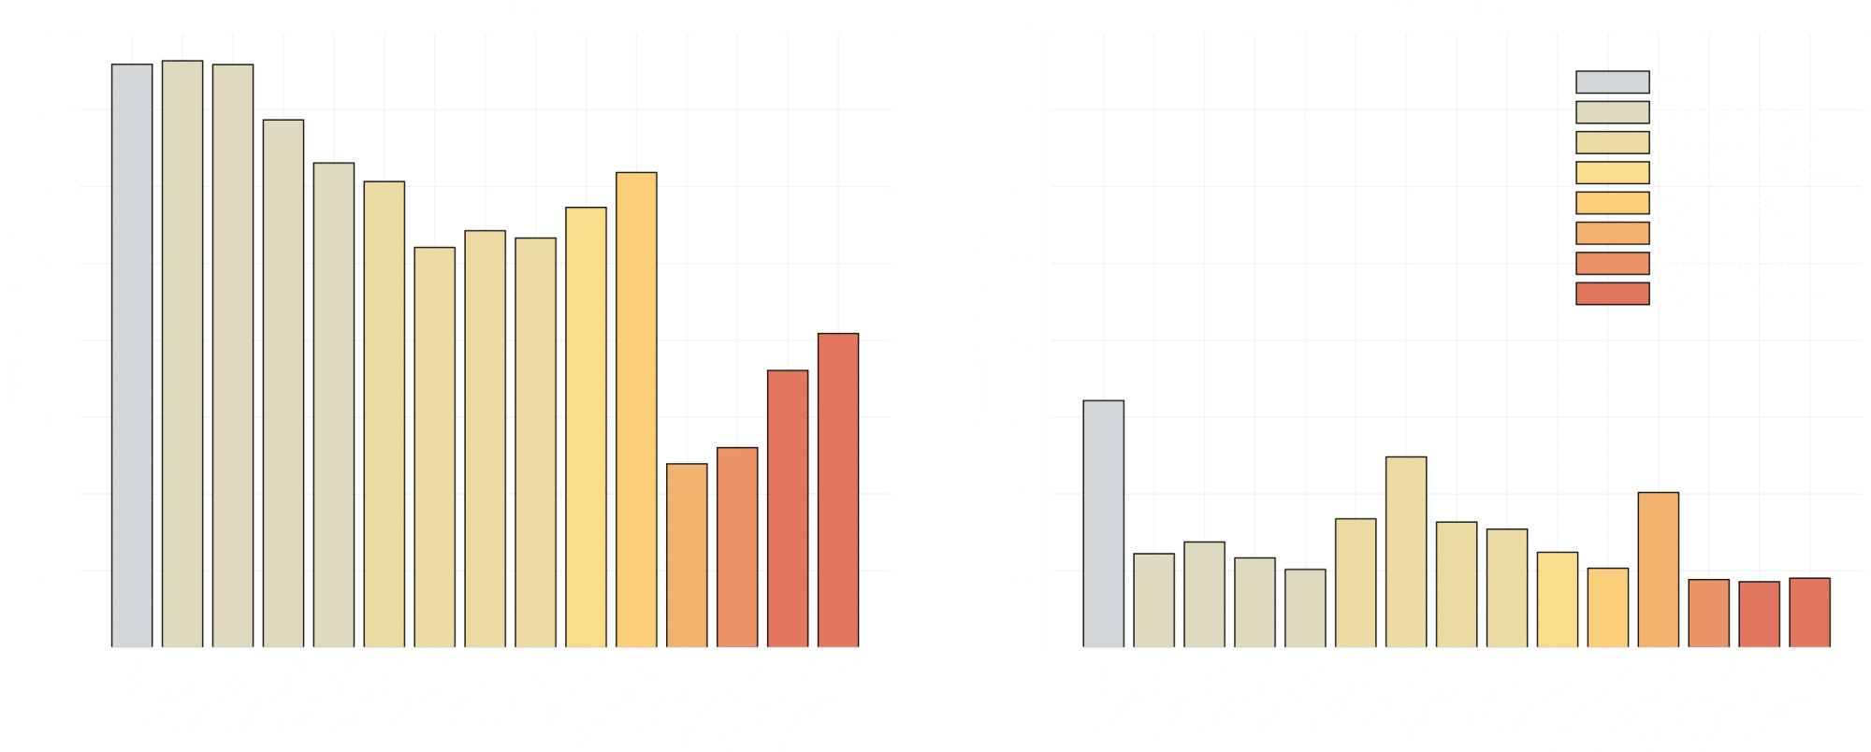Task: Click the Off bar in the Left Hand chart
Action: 132,355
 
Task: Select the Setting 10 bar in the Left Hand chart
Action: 636,410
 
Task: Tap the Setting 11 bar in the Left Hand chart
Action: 687,556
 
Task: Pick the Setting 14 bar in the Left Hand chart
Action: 838,490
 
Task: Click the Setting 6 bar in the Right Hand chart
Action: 1406,552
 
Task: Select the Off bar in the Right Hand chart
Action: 1104,524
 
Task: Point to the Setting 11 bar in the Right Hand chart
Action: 1659,570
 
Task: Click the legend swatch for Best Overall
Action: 1612,265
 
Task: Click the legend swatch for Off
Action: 1612,82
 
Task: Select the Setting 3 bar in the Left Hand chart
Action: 283,383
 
